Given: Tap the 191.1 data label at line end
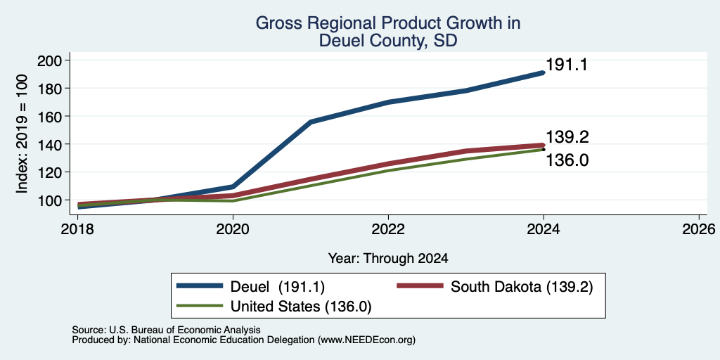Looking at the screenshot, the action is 567,65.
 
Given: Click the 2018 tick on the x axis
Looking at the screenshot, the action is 78,229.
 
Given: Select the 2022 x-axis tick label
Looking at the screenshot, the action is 388,229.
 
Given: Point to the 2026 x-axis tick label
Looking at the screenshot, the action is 698,229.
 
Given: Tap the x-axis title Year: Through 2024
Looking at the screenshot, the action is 388,259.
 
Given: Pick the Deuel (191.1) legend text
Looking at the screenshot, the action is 276,287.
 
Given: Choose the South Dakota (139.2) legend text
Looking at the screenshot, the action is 522,287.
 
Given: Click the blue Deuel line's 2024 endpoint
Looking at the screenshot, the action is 544,72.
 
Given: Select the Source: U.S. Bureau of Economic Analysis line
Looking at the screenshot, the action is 167,330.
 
